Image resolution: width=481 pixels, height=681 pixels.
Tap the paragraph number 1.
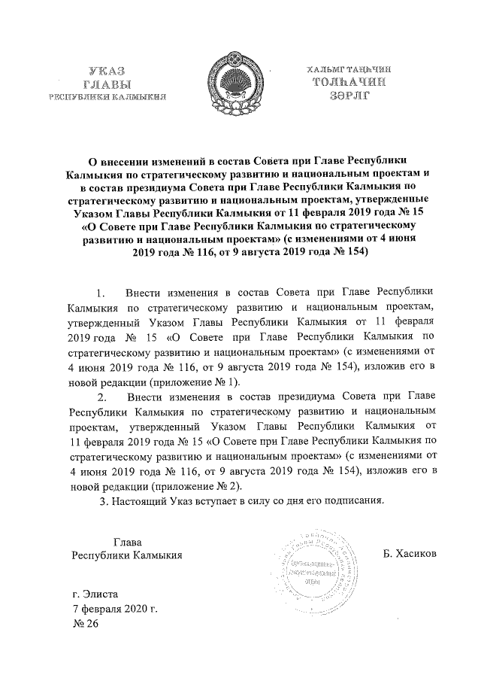tap(103, 291)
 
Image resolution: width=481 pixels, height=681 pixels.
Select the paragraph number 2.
tap(103, 397)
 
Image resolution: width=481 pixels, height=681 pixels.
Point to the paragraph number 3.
tap(103, 503)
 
